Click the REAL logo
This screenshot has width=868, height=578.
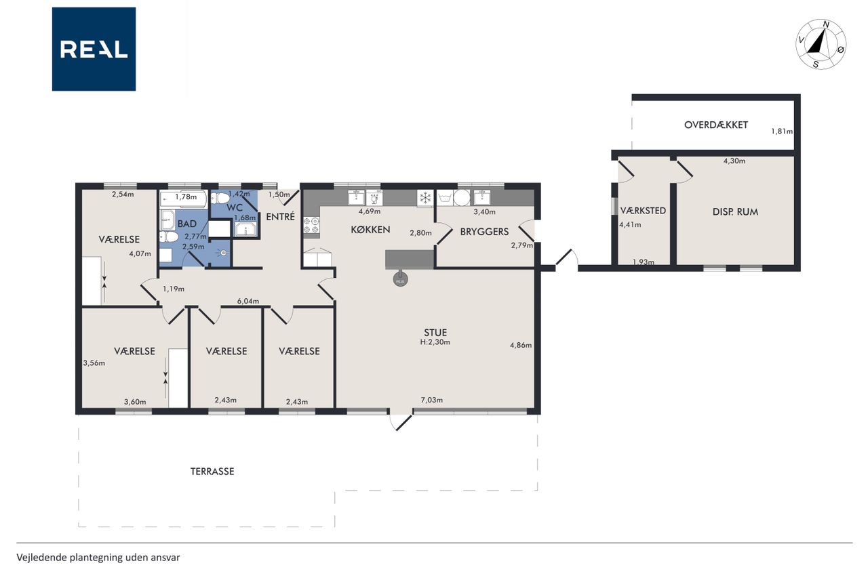[x=94, y=49]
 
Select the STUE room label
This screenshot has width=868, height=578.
[x=435, y=333]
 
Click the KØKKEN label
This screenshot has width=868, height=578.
[x=370, y=230]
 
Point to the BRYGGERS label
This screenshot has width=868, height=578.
[x=484, y=232]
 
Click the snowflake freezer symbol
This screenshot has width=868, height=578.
[x=425, y=199]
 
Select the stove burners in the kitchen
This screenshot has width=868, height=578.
[x=311, y=225]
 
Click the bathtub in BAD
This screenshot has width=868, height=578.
[x=183, y=199]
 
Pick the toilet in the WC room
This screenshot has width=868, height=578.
[x=220, y=199]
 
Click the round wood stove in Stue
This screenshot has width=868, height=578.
[x=400, y=278]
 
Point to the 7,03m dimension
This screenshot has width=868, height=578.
[x=432, y=400]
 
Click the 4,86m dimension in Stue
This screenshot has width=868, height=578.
[x=520, y=345]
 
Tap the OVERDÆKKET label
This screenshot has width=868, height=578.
[x=715, y=125]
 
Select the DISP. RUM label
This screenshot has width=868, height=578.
[x=735, y=212]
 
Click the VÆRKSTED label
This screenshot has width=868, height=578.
[x=643, y=210]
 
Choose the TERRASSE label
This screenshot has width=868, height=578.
[x=212, y=471]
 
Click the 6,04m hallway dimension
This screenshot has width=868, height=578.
[x=248, y=301]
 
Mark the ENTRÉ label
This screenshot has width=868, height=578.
[x=280, y=216]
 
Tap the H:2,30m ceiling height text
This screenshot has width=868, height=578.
[x=435, y=342]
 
